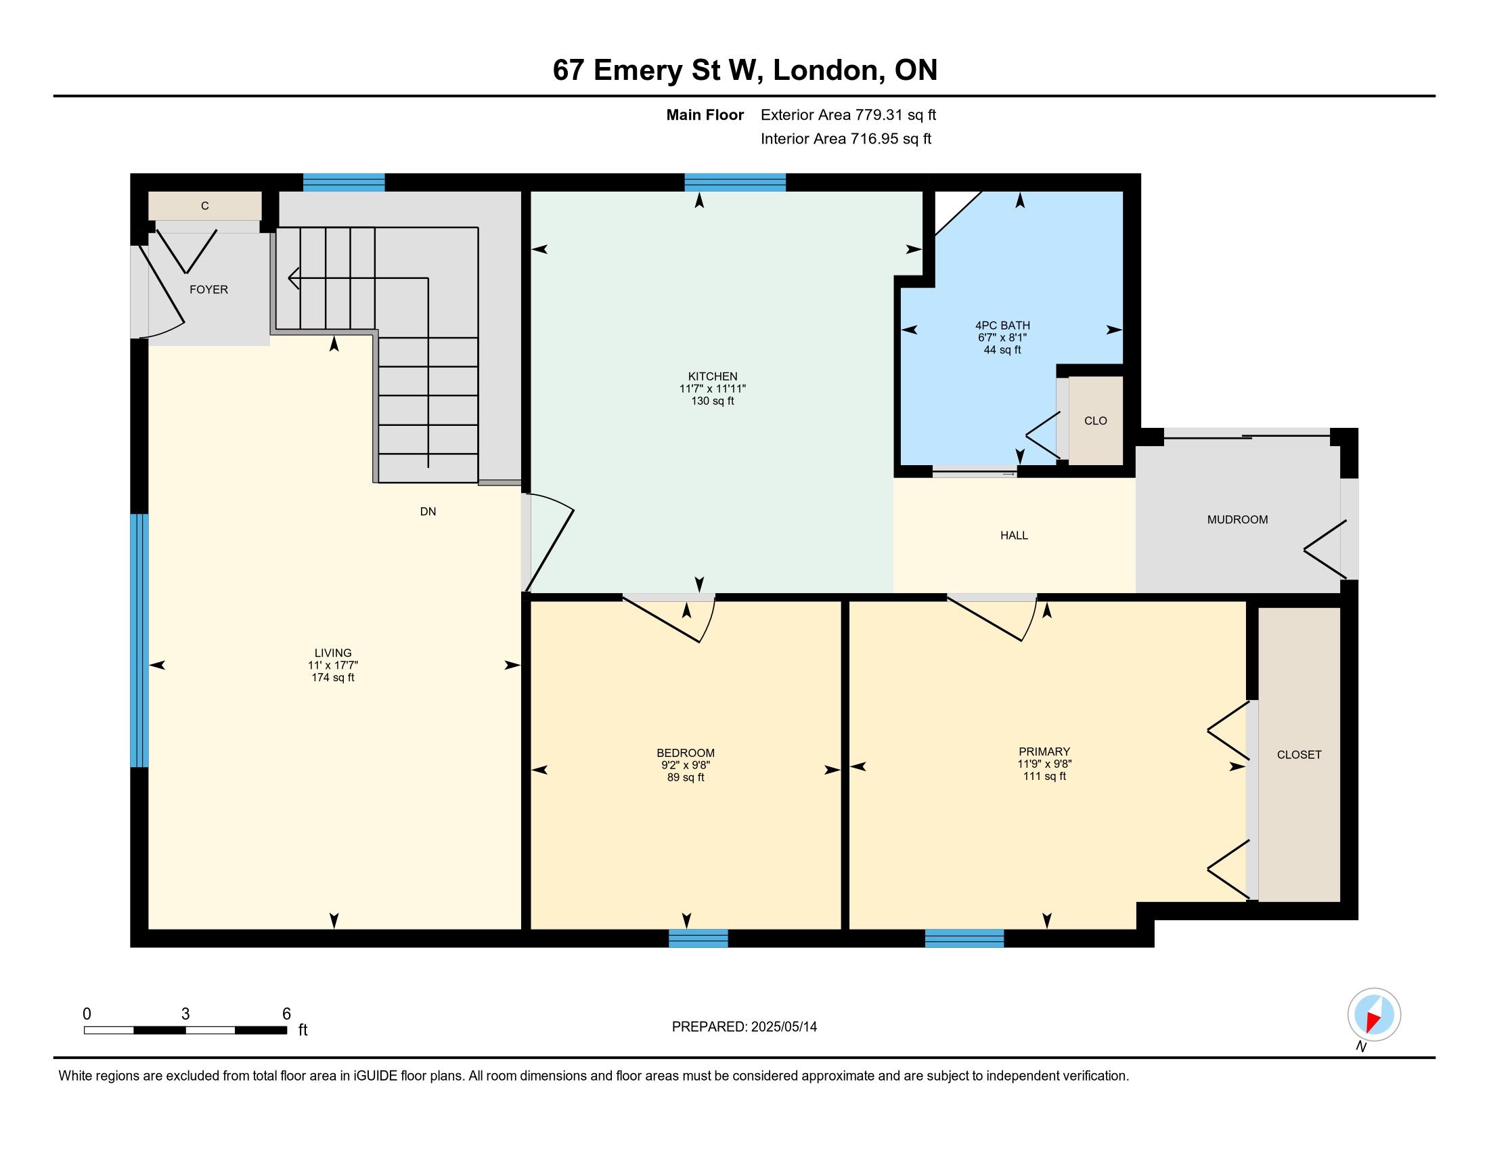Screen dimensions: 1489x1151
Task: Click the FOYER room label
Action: pos(208,290)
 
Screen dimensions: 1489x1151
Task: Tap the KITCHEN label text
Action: pos(713,376)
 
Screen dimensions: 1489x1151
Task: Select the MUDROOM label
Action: pos(1237,519)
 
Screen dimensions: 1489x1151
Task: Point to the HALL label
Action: pos(1014,536)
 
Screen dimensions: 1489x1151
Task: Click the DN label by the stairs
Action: pos(428,511)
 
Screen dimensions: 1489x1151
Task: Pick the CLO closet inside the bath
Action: pos(1095,420)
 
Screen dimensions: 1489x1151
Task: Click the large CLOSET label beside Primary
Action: pos(1299,755)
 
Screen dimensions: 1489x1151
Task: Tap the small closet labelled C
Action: pos(204,206)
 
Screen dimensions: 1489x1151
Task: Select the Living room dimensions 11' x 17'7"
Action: pos(333,665)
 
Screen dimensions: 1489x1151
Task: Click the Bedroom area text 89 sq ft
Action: pos(685,777)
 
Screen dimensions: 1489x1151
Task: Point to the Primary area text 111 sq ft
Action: pos(1044,776)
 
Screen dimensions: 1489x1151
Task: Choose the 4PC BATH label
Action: pos(1002,326)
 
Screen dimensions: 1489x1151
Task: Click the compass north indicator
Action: pos(1374,1015)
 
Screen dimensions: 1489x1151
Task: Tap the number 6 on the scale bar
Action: pos(286,1014)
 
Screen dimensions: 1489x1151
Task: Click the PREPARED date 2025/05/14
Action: pos(783,1027)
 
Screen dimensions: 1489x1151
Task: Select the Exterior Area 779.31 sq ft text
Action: pos(848,114)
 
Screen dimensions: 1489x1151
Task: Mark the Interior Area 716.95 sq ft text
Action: pos(845,138)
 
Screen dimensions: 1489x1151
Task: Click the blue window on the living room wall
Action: pos(139,640)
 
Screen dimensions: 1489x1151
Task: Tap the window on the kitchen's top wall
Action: pos(735,182)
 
